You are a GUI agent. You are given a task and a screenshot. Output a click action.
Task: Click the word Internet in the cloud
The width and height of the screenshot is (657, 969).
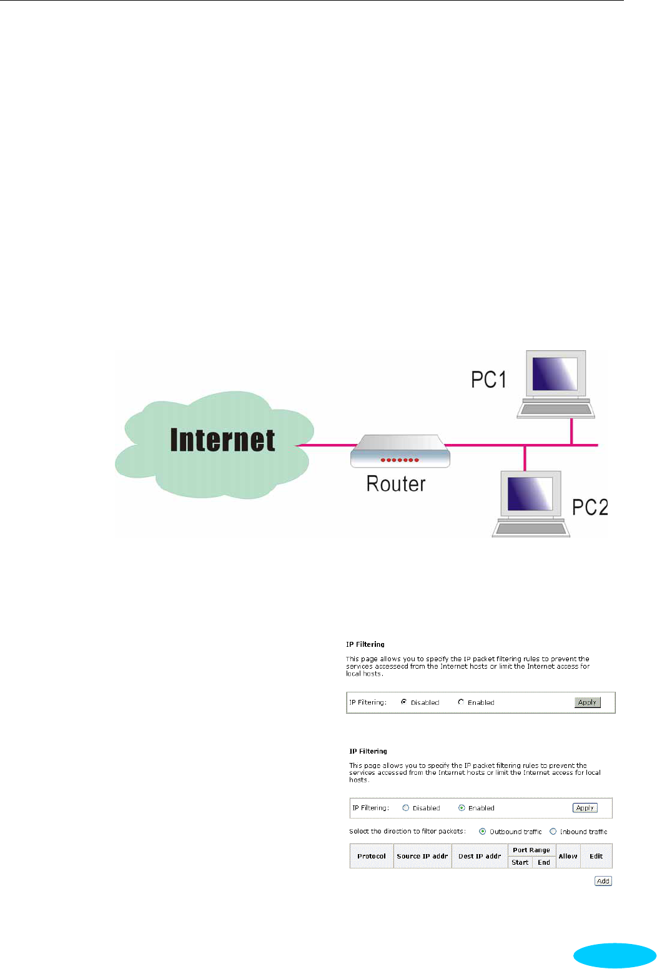(x=222, y=440)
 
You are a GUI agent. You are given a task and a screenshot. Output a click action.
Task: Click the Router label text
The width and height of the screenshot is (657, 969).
(x=396, y=484)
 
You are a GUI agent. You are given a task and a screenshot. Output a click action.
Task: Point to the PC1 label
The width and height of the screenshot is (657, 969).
(x=488, y=380)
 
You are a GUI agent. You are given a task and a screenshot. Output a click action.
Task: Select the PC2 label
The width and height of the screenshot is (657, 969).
(x=590, y=507)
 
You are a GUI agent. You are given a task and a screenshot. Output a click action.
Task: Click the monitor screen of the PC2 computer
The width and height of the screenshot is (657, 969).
(x=530, y=494)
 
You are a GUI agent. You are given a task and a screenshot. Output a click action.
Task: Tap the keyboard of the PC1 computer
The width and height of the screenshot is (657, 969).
(x=556, y=410)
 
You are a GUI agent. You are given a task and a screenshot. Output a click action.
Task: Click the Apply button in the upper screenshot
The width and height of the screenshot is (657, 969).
(x=587, y=702)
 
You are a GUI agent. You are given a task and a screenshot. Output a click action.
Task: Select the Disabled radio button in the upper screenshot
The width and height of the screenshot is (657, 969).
(x=404, y=702)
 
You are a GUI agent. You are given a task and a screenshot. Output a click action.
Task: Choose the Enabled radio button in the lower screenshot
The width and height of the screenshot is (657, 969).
(x=462, y=808)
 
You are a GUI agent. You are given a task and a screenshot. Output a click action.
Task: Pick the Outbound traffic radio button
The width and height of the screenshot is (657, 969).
(x=483, y=832)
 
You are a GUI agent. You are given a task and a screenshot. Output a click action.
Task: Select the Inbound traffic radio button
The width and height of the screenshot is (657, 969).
(x=553, y=832)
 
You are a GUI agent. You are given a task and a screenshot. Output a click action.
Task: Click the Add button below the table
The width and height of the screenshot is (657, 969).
(x=603, y=881)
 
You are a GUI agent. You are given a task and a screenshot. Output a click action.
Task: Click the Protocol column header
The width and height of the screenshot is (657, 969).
(x=372, y=856)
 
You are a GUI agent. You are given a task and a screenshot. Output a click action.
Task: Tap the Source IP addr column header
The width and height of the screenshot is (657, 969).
(x=422, y=856)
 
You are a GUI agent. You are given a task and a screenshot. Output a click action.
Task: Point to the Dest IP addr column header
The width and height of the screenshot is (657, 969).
(x=480, y=856)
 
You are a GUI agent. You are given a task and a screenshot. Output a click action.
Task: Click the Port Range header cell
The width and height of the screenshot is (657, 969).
(x=531, y=850)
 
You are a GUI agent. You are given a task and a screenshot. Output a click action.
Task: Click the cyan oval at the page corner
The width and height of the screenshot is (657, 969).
(x=615, y=955)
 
